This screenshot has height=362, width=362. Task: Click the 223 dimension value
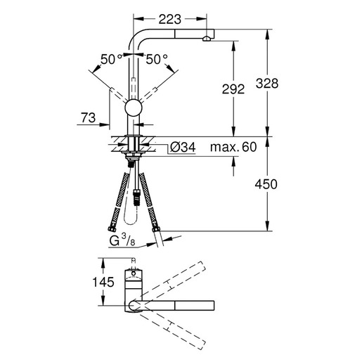pos(170,19)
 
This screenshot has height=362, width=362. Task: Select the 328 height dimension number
pos(267,84)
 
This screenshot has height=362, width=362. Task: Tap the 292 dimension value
pos(233,89)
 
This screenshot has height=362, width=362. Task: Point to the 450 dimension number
pos(266,184)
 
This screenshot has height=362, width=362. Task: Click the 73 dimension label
pos(89,117)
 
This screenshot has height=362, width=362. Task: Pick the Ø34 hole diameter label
pos(183,148)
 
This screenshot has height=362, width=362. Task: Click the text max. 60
pos(233,147)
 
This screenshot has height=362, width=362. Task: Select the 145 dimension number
pos(103,282)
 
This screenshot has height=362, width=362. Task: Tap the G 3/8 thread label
pos(122,240)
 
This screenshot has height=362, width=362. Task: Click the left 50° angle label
pos(111,59)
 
